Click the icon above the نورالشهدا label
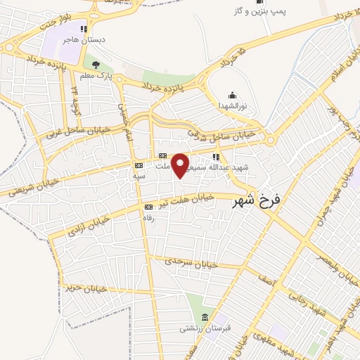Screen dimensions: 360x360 coord(232,95)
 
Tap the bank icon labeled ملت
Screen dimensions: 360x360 coord(162,155)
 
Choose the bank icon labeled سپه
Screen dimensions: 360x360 coord(139,166)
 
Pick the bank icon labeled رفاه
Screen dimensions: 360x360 coord(148,207)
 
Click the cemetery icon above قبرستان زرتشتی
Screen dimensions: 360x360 coord(205,317)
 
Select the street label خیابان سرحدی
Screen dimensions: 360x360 coord(191,264)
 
